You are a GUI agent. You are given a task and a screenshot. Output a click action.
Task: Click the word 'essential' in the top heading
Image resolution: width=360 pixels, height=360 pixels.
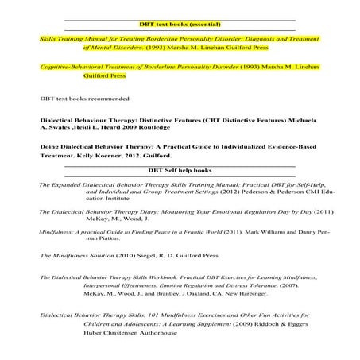point(205,24)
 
